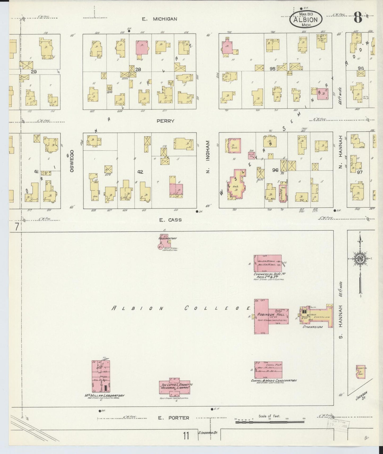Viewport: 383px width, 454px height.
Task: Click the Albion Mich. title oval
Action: pos(306,19)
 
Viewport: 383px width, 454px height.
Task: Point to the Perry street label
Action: pos(165,121)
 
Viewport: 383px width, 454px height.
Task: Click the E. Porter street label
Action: pos(174,418)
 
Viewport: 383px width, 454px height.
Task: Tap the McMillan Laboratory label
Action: pos(104,396)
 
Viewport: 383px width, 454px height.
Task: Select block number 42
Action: pos(140,172)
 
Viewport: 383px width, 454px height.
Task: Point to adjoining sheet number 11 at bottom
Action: pos(186,436)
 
